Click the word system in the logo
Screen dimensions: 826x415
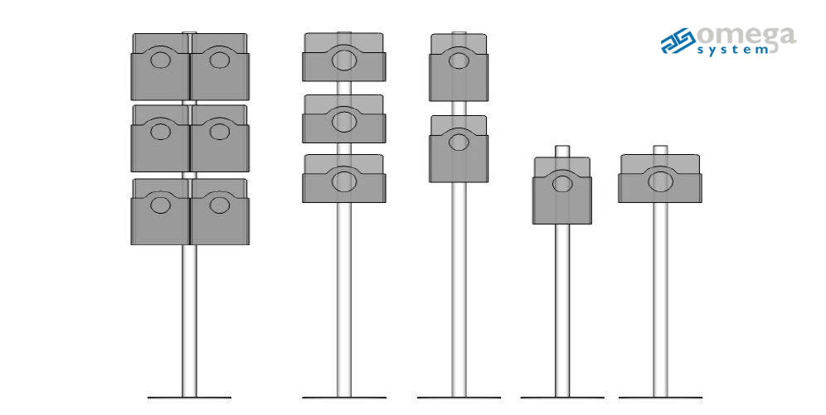733,51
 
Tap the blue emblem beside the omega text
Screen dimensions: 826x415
678,41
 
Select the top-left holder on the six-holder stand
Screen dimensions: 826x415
160,66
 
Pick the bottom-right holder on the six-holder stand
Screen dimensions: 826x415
220,211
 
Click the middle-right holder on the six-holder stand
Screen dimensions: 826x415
220,138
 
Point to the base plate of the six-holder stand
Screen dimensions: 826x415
189,398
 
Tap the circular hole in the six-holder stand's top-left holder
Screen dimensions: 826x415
160,60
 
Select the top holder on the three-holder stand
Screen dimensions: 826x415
344,57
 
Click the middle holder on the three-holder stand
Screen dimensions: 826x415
344,118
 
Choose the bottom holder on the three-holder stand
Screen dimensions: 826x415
344,178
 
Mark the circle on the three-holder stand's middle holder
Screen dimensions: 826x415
344,122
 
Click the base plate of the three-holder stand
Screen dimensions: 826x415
344,398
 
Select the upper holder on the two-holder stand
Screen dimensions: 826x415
459,67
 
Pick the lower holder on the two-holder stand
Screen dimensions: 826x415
459,149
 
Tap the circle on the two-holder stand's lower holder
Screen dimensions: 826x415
459,142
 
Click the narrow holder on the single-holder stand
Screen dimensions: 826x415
561,191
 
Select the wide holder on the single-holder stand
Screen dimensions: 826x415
660,178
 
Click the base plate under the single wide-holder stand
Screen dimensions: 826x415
660,398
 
